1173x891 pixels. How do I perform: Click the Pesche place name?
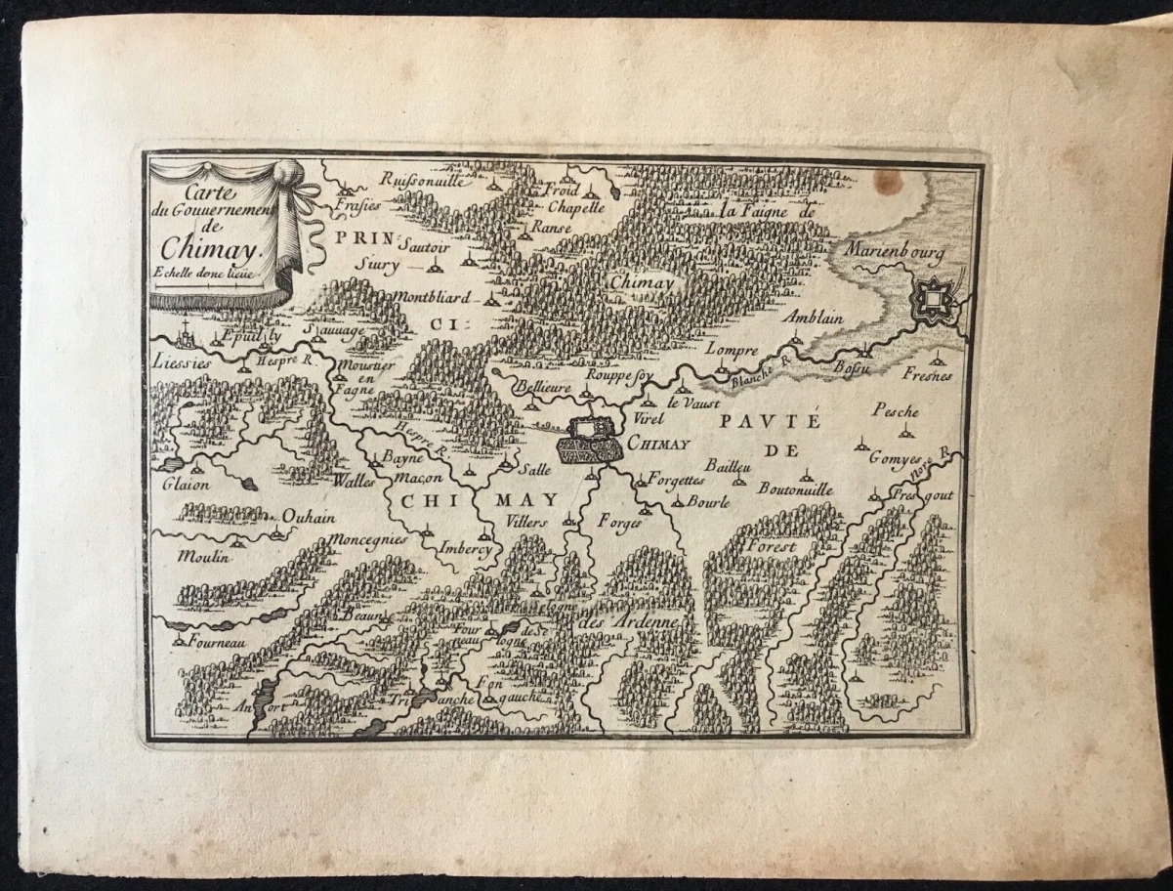896,410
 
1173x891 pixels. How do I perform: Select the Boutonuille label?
795,488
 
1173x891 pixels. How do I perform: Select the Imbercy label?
465,548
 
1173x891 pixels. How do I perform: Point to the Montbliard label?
434,296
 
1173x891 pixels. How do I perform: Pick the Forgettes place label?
675,480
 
